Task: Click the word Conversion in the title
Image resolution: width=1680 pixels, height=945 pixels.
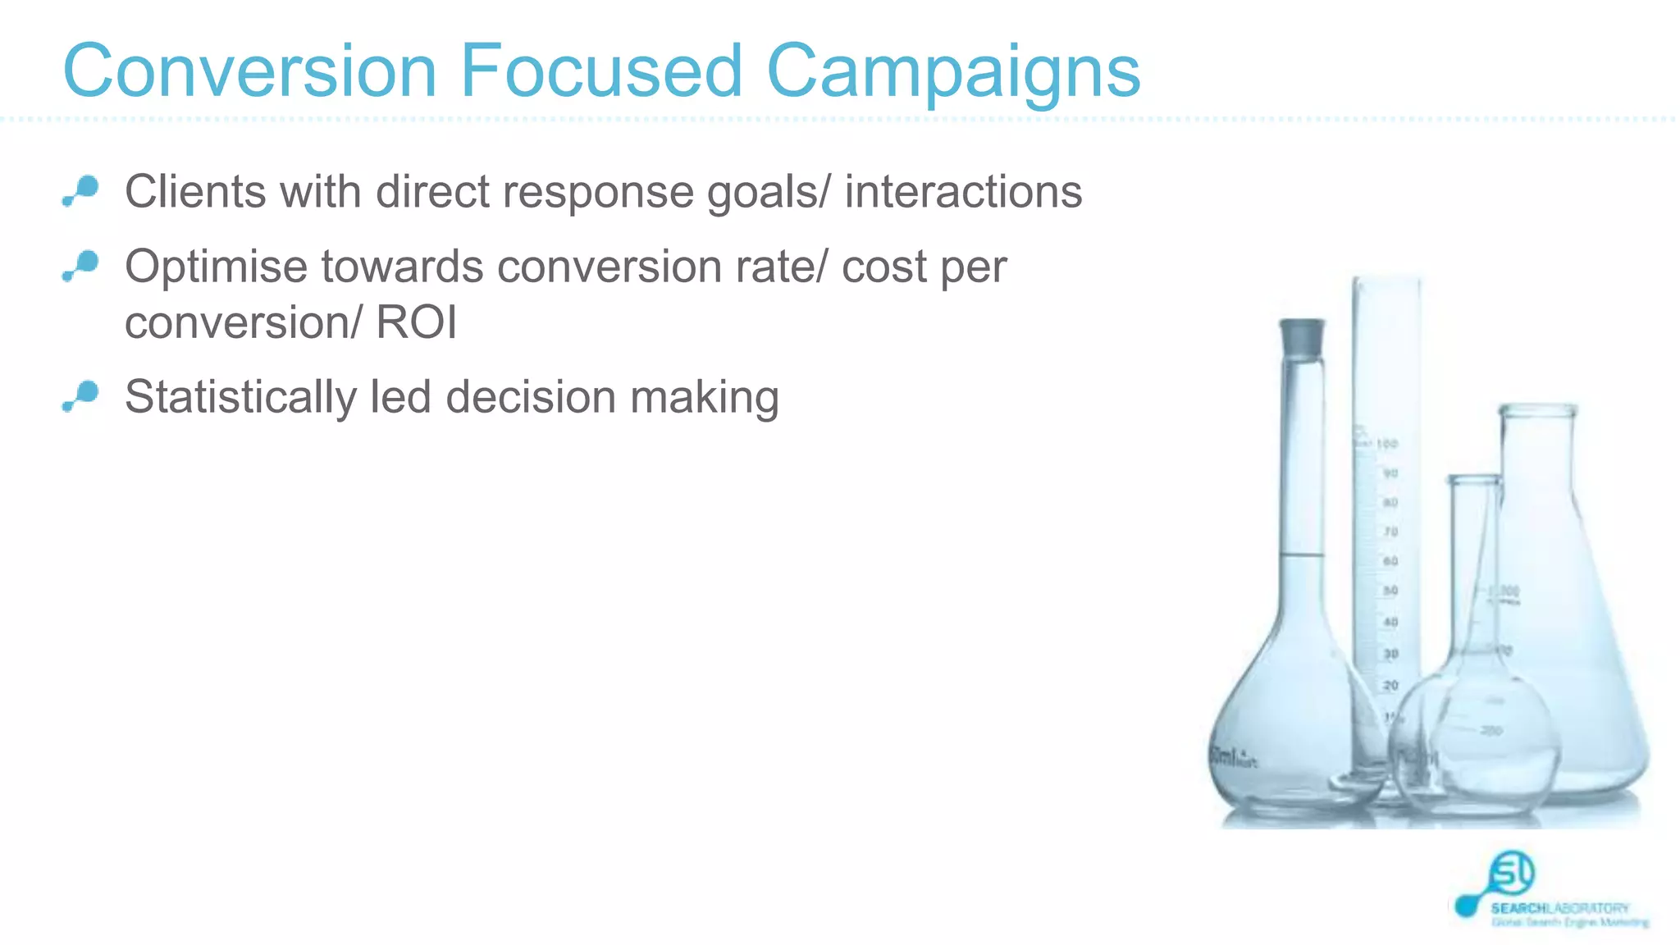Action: [x=250, y=71]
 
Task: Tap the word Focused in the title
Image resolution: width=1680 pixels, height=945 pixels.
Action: [x=600, y=71]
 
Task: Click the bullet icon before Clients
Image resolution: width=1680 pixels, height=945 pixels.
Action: [x=81, y=191]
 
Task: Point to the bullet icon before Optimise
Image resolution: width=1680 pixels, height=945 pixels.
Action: [x=81, y=267]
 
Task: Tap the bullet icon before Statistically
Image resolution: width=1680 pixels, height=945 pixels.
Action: [x=81, y=397]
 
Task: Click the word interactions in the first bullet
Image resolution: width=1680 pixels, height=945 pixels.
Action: [x=963, y=193]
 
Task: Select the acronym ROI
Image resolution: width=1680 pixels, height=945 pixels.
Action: [x=416, y=322]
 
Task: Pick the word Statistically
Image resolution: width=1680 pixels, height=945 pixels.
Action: [x=240, y=398]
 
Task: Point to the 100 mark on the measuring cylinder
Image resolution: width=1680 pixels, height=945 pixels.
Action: [x=1386, y=444]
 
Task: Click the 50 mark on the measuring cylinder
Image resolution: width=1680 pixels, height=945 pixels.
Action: [x=1390, y=591]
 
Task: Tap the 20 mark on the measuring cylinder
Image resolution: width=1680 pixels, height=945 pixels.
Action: [x=1390, y=685]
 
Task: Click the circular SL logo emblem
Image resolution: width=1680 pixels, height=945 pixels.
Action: [x=1511, y=873]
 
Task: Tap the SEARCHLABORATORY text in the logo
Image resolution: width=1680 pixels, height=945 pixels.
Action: [x=1559, y=908]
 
